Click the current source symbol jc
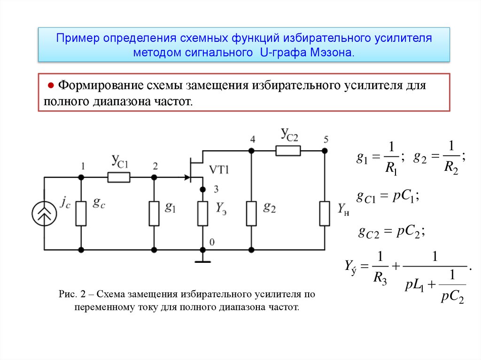44,214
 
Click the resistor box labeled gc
81,214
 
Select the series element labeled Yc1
118,177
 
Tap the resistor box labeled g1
154,214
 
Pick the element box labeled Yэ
203,214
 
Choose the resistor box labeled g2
252,214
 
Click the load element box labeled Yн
325,214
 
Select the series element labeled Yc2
288,150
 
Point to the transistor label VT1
219,170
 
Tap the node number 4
253,139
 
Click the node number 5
326,139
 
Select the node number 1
83,166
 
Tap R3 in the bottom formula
380,280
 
